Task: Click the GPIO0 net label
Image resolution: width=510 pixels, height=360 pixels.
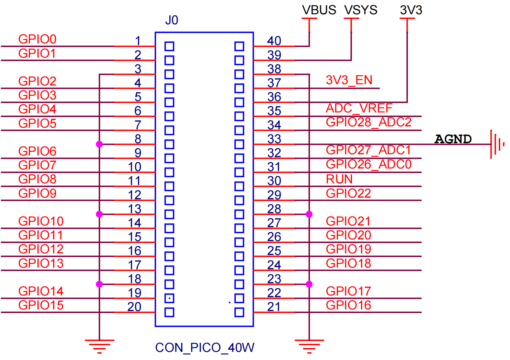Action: click(x=37, y=39)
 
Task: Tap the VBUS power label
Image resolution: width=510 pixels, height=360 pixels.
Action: click(x=319, y=10)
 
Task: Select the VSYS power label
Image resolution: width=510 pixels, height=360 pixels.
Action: click(x=361, y=10)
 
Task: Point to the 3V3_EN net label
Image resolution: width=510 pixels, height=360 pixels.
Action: click(x=349, y=80)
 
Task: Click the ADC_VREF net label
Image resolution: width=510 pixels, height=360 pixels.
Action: click(x=359, y=108)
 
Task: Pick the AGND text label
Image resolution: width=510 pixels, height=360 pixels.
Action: click(x=453, y=139)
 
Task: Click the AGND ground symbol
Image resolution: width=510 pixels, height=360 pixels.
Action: click(x=497, y=144)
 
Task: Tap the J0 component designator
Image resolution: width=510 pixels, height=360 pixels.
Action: click(x=172, y=20)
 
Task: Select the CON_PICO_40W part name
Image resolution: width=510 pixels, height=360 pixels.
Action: click(x=205, y=348)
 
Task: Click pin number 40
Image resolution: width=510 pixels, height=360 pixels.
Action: click(x=274, y=41)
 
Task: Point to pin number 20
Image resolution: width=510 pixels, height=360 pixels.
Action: click(x=134, y=307)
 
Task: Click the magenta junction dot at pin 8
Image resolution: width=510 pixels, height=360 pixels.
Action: click(x=99, y=144)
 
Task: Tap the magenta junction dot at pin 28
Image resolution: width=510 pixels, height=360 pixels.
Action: click(x=309, y=214)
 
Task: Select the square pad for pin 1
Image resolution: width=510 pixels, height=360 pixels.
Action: click(x=169, y=46)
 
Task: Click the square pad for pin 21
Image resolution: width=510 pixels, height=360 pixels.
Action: click(x=239, y=312)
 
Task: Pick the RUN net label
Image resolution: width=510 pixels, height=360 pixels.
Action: click(x=339, y=179)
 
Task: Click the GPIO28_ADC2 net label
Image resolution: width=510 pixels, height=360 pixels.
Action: click(x=368, y=122)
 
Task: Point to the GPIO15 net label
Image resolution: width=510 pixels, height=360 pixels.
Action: click(x=41, y=305)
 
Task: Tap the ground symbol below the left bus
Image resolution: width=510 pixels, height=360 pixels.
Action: click(x=99, y=347)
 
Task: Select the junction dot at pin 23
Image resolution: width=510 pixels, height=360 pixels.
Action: click(x=309, y=284)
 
